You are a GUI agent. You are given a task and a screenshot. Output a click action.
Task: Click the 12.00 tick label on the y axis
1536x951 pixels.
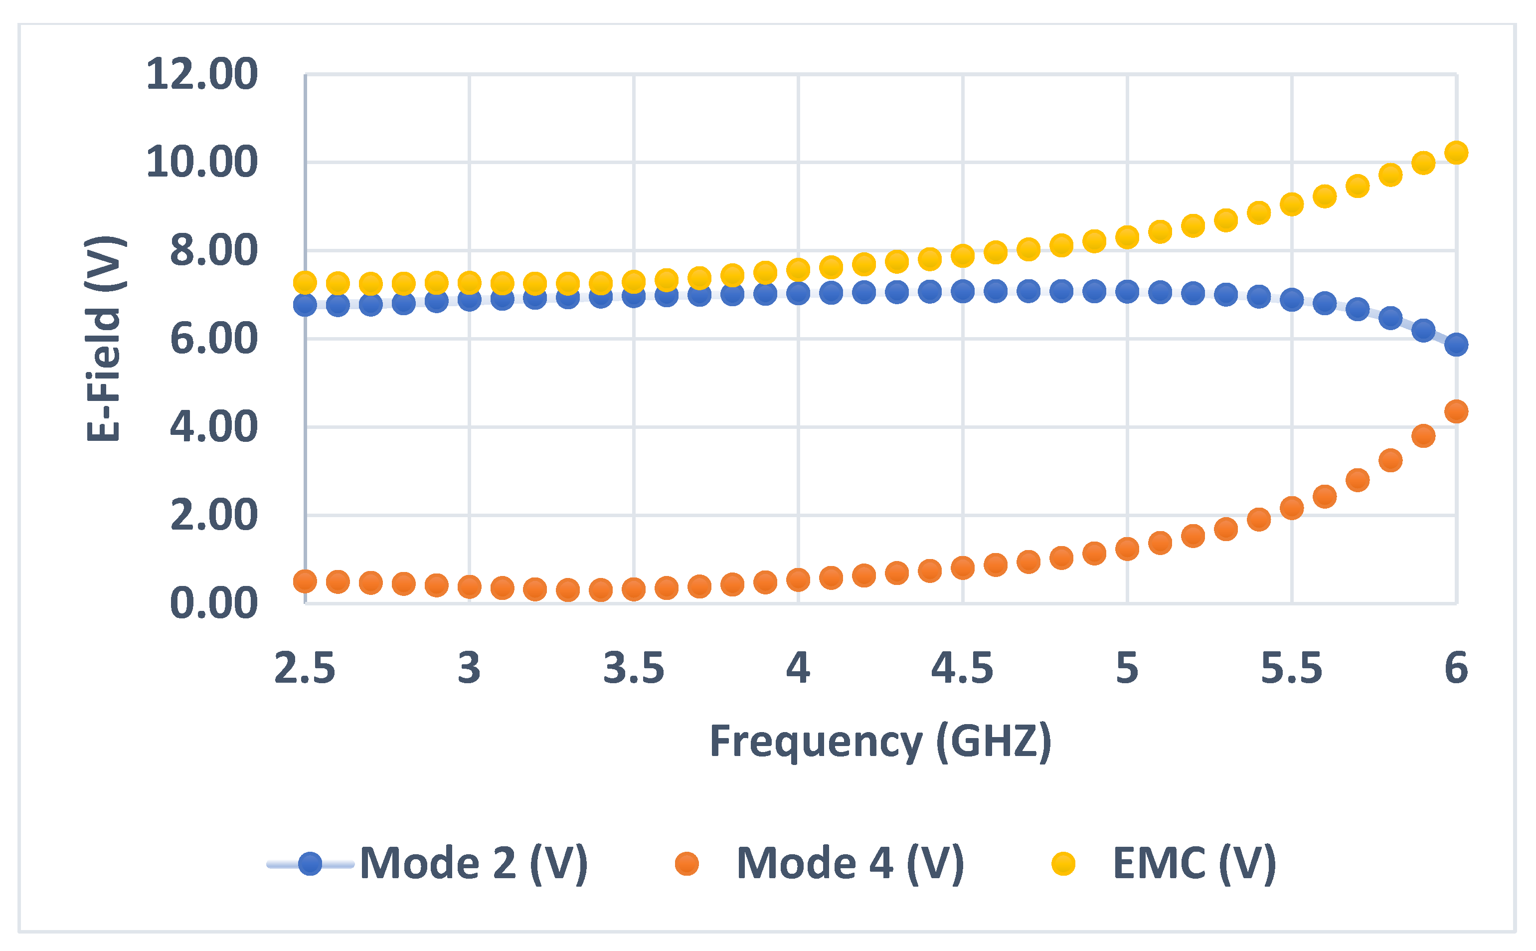[201, 74]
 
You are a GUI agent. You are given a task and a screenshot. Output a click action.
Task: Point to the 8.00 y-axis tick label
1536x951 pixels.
[214, 250]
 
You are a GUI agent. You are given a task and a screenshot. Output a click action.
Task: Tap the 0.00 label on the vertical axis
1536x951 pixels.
[214, 603]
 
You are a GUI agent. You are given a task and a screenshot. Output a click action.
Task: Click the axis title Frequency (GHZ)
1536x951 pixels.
[880, 742]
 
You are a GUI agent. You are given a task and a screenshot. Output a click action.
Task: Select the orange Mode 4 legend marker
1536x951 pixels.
[686, 864]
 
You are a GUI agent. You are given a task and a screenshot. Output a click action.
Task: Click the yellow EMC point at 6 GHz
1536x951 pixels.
[1456, 153]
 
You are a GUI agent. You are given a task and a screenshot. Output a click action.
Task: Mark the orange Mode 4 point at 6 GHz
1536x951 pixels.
[1456, 412]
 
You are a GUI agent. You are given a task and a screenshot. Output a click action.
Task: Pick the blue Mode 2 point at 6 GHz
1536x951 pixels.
[1456, 345]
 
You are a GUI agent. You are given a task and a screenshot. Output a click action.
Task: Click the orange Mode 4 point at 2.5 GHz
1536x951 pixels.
[305, 581]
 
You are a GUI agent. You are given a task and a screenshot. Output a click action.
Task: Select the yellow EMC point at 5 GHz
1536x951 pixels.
[1127, 237]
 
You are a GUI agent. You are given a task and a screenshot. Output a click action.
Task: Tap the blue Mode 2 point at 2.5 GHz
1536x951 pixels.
[305, 305]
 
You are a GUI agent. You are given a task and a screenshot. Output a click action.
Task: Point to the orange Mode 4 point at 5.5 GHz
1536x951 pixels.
[1291, 508]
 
